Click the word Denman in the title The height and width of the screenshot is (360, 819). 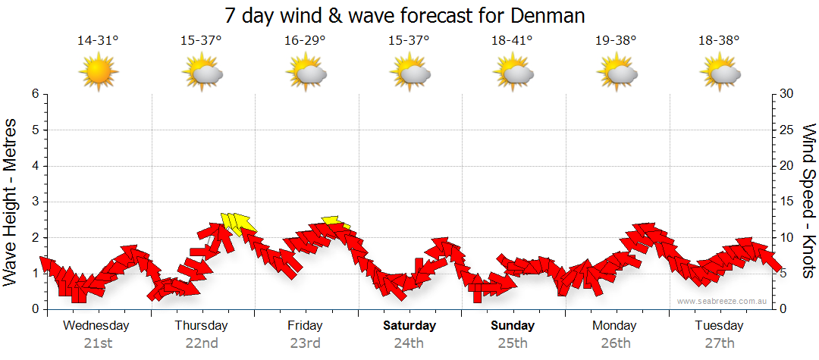pos(549,15)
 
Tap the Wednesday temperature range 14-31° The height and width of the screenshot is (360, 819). pos(98,41)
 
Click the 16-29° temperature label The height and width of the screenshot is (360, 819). pos(305,41)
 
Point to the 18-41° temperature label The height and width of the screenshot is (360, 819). pos(512,41)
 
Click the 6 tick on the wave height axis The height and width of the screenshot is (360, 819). pos(35,94)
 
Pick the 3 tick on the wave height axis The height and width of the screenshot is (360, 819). pos(35,202)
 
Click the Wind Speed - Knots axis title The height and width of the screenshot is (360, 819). pos(808,201)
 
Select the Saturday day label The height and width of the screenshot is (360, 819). pos(409,326)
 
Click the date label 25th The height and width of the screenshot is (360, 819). pos(513,343)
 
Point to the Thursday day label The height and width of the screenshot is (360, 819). pos(201,326)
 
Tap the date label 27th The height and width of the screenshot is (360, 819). pos(720,343)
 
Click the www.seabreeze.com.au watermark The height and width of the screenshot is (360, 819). pos(723,301)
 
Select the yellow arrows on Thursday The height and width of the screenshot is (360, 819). pos(237,223)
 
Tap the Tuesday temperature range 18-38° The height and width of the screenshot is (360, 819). pos(719,41)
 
